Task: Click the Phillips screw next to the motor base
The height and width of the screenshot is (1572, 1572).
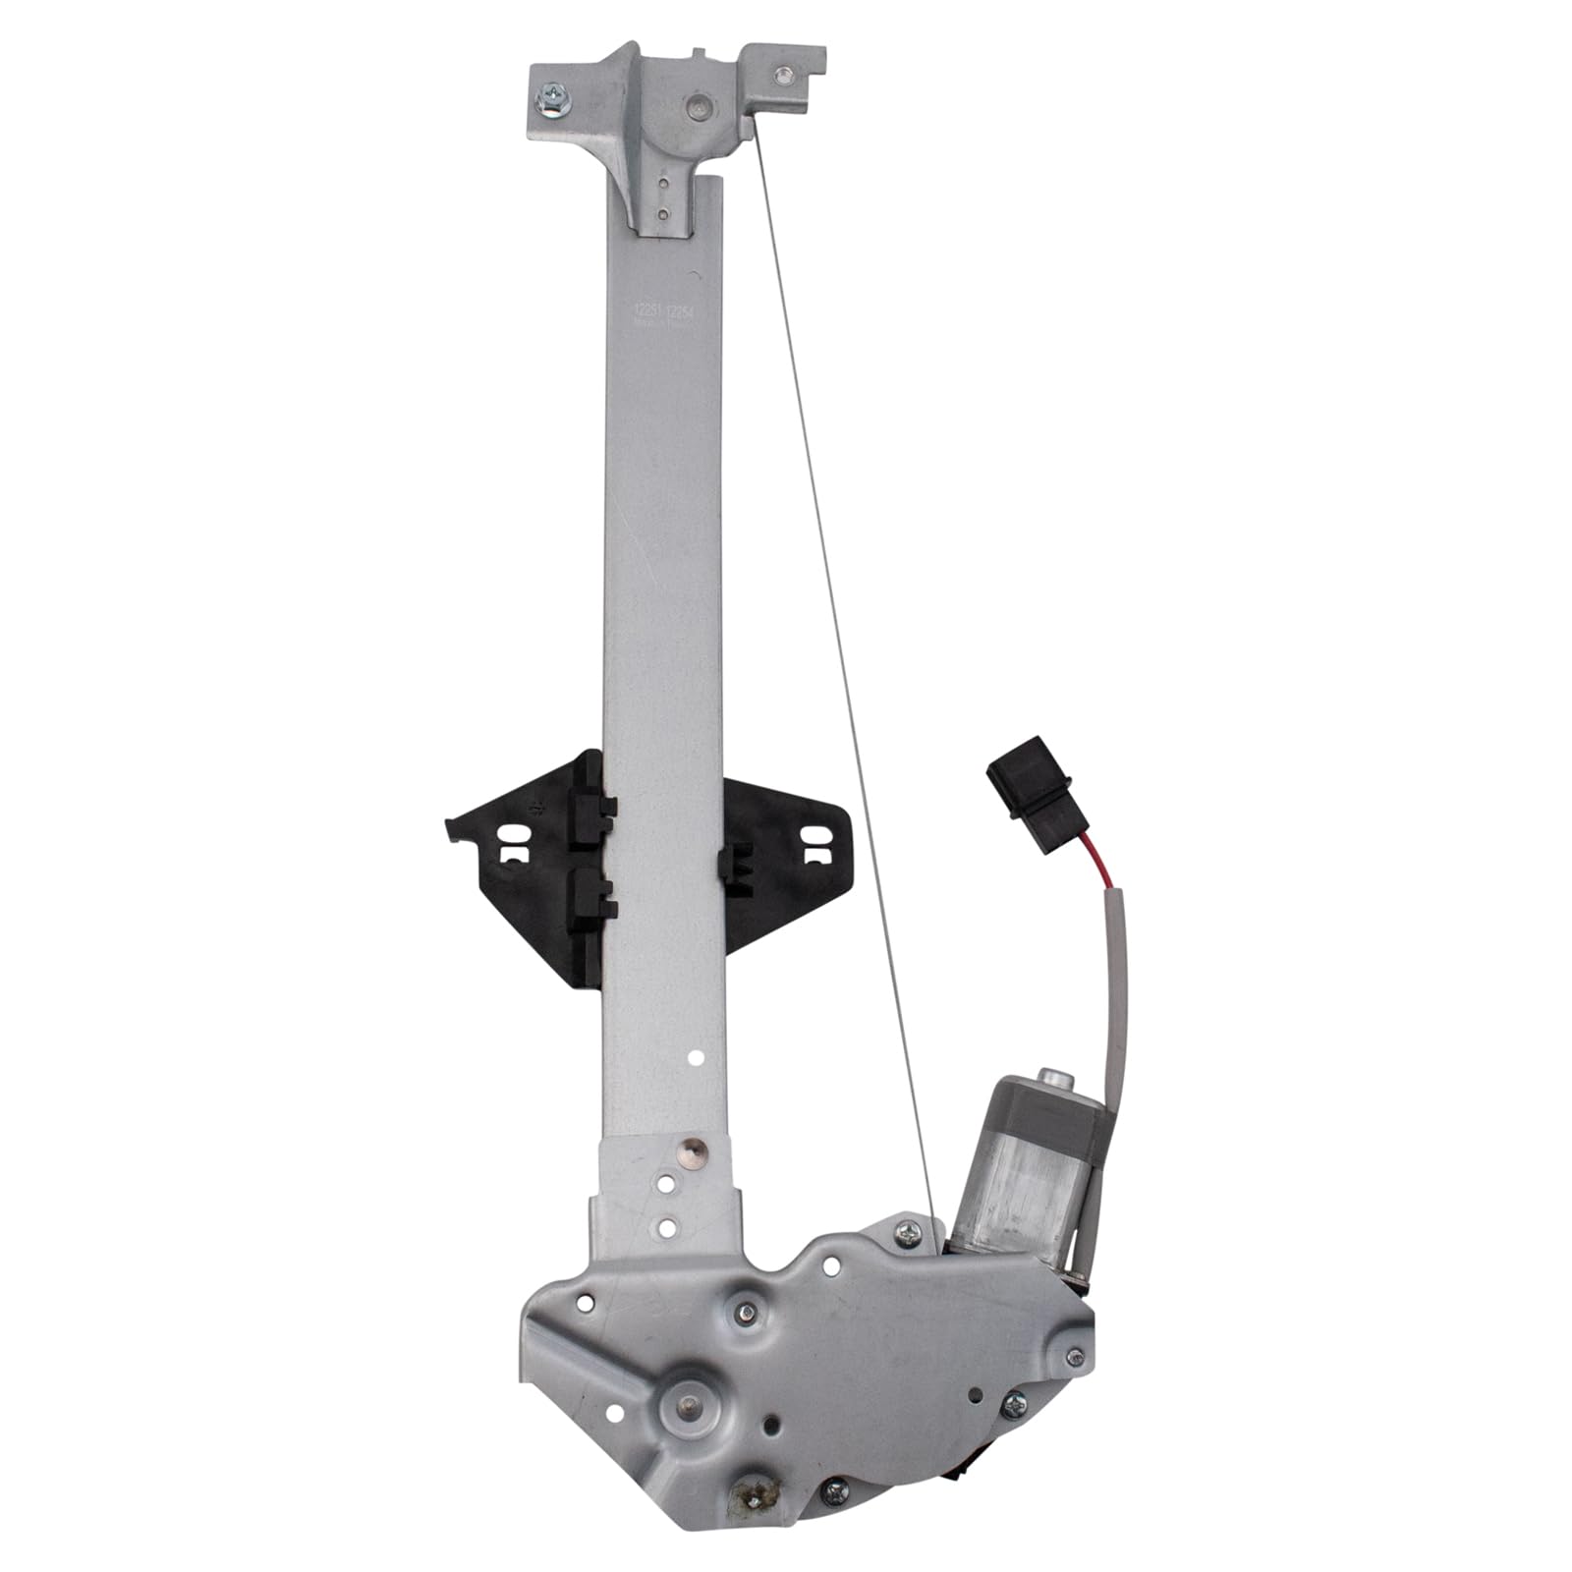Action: coord(904,1227)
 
